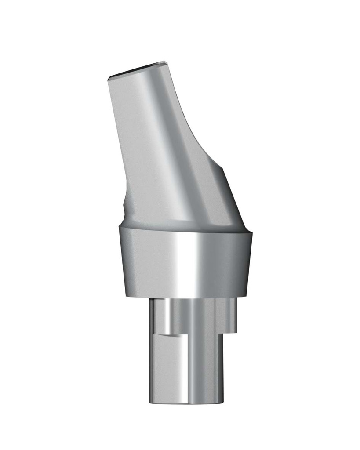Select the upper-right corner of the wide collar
pyautogui.click(x=252, y=231)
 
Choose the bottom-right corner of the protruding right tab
pyautogui.click(x=236, y=331)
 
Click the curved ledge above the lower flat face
pyautogui.click(x=171, y=335)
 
